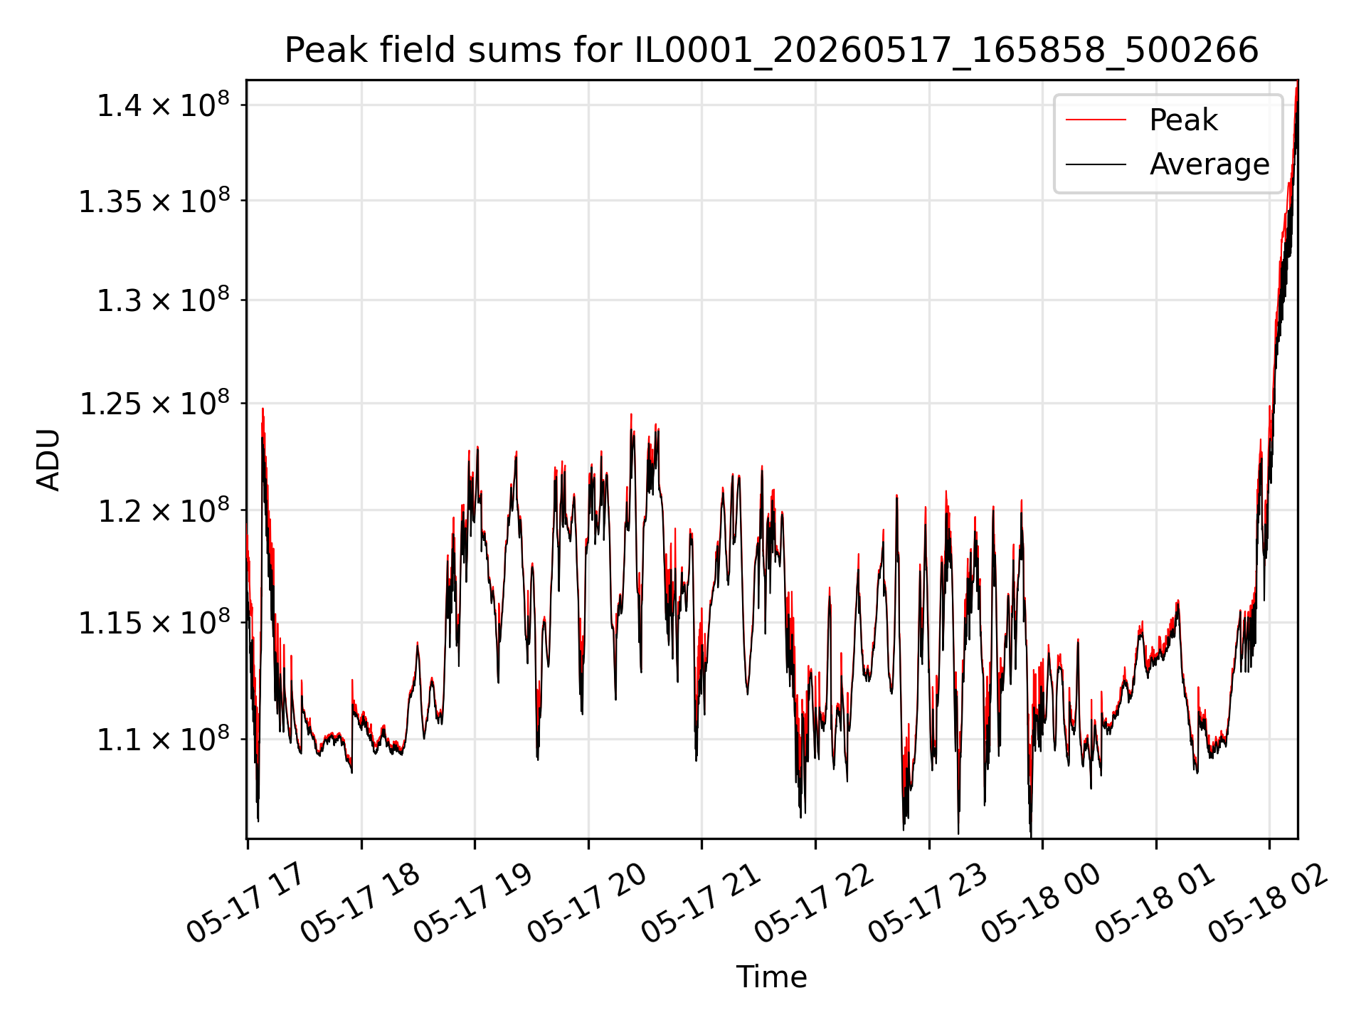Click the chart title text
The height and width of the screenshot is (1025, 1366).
coord(771,51)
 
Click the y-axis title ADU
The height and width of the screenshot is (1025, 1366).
coord(48,460)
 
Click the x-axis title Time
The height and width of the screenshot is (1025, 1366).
coord(771,977)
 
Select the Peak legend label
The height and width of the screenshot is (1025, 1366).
coord(1183,120)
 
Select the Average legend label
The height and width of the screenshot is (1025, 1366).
coord(1209,164)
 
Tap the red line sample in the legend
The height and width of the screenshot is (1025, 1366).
coord(1096,120)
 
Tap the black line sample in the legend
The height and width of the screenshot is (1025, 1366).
coord(1096,164)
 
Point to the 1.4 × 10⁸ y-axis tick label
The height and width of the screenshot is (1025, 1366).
coord(163,105)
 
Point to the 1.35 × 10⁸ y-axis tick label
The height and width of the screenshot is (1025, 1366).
coord(154,201)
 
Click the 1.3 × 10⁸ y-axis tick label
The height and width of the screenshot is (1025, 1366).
coord(163,300)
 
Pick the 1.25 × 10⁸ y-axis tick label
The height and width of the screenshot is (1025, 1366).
coord(154,404)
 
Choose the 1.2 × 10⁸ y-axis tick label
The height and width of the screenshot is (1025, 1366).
coord(163,510)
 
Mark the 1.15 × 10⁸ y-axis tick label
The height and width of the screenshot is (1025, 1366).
coord(154,623)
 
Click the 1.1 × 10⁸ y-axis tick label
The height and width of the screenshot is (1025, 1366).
coord(163,740)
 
